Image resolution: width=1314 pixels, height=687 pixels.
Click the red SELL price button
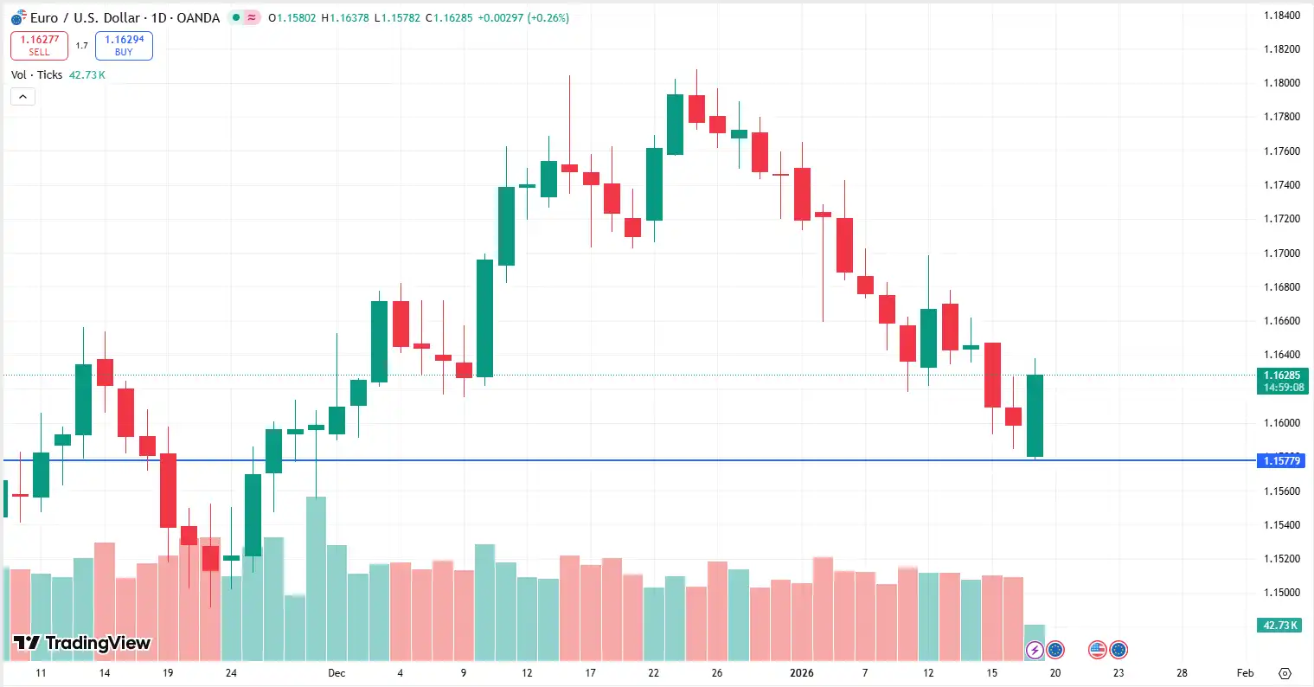click(x=39, y=45)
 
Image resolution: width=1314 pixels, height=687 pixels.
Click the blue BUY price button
click(x=124, y=45)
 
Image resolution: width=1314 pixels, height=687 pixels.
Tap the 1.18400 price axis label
click(x=1281, y=16)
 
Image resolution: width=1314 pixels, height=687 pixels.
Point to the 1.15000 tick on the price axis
click(x=1281, y=593)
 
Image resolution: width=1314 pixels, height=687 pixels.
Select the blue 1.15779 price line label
click(x=1281, y=461)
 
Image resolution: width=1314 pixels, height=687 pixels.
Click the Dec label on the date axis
click(x=337, y=673)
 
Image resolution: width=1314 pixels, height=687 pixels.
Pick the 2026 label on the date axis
click(x=802, y=673)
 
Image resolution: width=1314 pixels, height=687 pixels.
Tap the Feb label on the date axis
click(x=1245, y=673)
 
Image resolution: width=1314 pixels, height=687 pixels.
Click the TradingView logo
click(x=82, y=643)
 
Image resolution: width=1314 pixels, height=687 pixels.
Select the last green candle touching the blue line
click(x=1035, y=415)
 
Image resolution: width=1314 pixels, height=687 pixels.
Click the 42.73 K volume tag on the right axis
click(x=1281, y=626)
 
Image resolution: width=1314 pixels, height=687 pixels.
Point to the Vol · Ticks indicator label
click(x=36, y=75)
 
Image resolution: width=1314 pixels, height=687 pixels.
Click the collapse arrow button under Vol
click(x=22, y=97)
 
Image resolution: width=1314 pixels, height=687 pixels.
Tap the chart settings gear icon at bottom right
click(x=1285, y=673)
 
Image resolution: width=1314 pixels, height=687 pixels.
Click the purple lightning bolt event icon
click(x=1035, y=650)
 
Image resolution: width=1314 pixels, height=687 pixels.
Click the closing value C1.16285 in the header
click(x=449, y=18)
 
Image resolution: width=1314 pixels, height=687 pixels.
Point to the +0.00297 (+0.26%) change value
click(x=523, y=18)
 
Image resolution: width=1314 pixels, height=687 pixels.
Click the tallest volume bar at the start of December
click(x=316, y=578)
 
